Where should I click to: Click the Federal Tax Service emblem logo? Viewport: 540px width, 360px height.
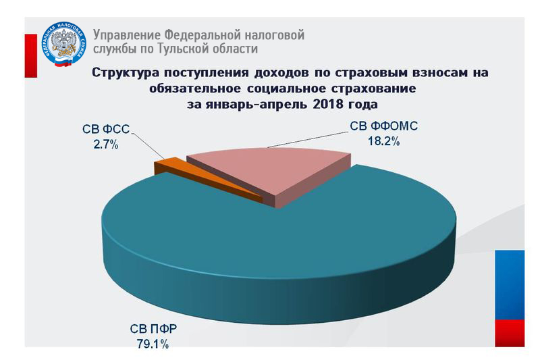[x=64, y=44]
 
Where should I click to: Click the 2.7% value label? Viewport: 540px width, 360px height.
[x=106, y=145]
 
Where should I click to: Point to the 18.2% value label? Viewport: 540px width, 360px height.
[x=383, y=141]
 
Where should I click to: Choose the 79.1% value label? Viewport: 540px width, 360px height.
[x=153, y=344]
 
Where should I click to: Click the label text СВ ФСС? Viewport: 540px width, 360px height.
[x=106, y=129]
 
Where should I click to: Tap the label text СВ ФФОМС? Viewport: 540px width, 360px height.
[x=383, y=126]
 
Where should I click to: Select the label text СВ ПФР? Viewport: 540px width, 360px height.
[x=153, y=329]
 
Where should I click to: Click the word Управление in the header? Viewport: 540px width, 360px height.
[x=127, y=35]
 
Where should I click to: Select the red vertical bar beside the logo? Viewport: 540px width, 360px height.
[x=31, y=56]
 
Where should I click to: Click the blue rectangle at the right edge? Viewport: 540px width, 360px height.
[x=510, y=285]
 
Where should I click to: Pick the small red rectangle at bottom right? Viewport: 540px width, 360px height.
[x=510, y=333]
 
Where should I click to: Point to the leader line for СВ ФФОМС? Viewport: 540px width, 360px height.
[x=306, y=140]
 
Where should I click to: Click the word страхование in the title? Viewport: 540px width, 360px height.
[x=373, y=89]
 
